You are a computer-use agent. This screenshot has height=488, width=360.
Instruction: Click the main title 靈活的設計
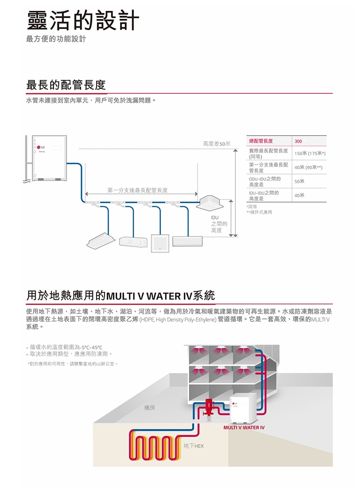83,20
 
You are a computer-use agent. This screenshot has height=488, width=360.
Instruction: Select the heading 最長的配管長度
66,85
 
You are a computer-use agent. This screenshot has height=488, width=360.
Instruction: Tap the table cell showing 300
299,141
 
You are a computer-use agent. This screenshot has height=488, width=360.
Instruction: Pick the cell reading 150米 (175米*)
310,153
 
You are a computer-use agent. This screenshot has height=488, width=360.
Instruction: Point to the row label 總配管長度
261,141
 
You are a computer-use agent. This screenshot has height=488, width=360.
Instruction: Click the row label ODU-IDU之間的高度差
265,181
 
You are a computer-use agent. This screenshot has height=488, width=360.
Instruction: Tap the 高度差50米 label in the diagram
217,143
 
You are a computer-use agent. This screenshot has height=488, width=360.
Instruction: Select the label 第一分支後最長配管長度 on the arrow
137,190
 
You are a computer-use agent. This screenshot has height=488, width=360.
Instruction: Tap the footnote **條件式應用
259,212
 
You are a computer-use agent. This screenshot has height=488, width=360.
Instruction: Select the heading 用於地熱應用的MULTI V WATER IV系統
121,296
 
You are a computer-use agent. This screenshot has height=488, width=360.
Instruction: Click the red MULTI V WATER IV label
244,427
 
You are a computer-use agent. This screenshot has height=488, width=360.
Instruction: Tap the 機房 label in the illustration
150,408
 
